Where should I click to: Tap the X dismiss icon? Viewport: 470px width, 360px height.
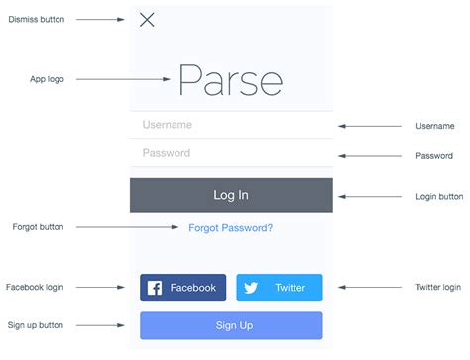[147, 20]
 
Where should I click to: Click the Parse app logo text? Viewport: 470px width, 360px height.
[230, 80]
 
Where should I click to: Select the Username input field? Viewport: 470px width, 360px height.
[231, 126]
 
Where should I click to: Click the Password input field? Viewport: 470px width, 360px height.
[231, 153]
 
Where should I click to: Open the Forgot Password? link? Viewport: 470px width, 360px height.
[231, 228]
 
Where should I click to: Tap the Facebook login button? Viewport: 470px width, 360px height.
[183, 288]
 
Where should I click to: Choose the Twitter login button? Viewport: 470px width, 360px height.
[280, 288]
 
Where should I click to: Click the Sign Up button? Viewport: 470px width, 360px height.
[231, 325]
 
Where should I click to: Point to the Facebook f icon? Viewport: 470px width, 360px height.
[155, 289]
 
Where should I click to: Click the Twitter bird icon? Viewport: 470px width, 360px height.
[251, 289]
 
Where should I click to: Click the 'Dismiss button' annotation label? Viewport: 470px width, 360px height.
[37, 20]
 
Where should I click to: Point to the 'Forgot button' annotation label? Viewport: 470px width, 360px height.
[38, 227]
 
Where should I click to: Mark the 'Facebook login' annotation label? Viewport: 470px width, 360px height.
[35, 288]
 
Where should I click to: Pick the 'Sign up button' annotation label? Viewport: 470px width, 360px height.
[36, 325]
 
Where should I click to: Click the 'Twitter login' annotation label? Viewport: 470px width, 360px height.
[437, 288]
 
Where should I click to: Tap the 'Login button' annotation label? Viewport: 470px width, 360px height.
[439, 197]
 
